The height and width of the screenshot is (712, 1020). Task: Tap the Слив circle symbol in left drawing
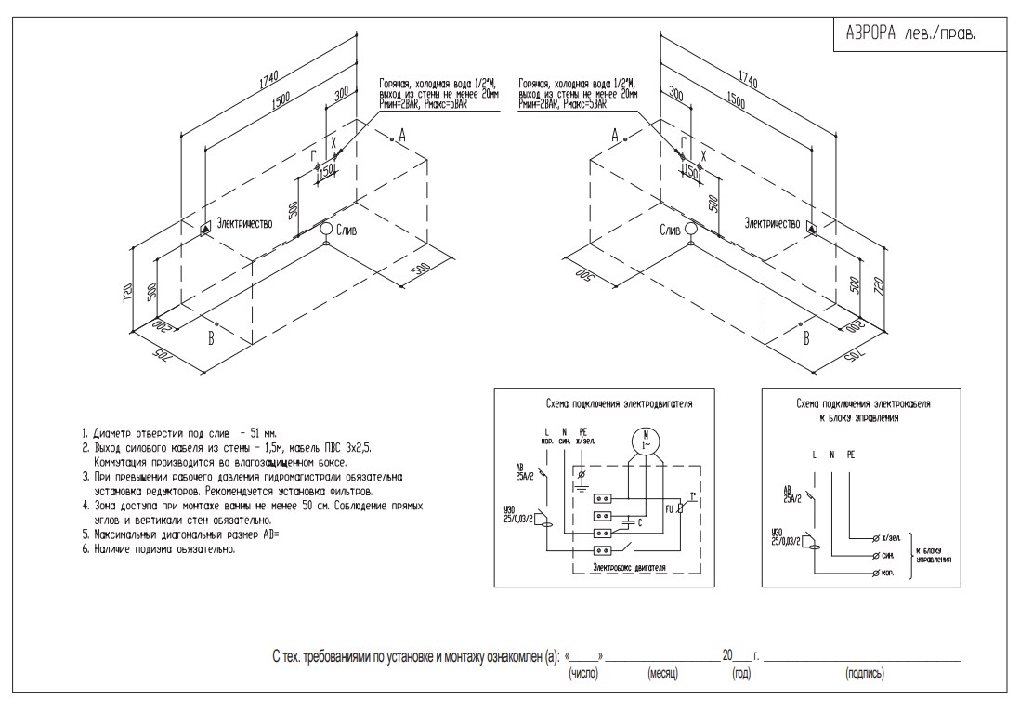(326, 229)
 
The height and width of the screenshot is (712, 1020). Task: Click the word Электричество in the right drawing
(772, 223)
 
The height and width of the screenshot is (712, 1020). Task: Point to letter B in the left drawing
(211, 339)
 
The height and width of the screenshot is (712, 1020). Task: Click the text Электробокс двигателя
(620, 566)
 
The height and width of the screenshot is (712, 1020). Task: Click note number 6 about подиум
(158, 548)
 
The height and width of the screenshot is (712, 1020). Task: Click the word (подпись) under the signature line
(864, 672)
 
